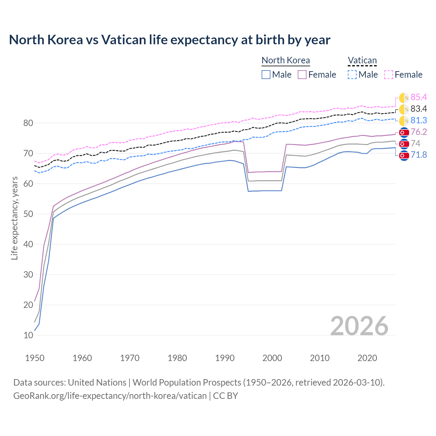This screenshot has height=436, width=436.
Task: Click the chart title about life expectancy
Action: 170,40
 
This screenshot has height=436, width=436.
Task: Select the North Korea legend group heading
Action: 285,60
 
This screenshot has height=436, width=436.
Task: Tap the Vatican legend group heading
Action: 362,60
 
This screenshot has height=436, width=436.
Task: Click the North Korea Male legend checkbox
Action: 266,75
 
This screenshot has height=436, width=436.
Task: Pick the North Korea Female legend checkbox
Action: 302,75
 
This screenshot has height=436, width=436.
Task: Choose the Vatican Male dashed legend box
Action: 352,75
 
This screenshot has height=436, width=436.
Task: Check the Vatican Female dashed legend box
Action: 389,75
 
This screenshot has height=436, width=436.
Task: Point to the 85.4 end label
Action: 419,97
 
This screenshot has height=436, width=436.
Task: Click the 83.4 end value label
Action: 419,109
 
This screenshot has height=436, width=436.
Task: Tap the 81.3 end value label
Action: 419,121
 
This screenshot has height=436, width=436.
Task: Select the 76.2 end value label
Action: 419,132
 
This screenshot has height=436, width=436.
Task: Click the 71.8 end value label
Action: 419,155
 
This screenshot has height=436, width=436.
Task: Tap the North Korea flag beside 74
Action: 404,144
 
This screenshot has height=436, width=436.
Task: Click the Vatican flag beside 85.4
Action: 404,98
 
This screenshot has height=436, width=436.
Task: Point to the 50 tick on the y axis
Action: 28,214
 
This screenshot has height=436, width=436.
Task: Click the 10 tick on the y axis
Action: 28,335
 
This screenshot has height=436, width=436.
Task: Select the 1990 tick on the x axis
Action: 224,358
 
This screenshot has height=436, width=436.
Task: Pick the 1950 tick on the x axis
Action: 35,358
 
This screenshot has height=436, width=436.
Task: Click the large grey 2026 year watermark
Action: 359,326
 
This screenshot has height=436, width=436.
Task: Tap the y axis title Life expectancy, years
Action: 14,218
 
